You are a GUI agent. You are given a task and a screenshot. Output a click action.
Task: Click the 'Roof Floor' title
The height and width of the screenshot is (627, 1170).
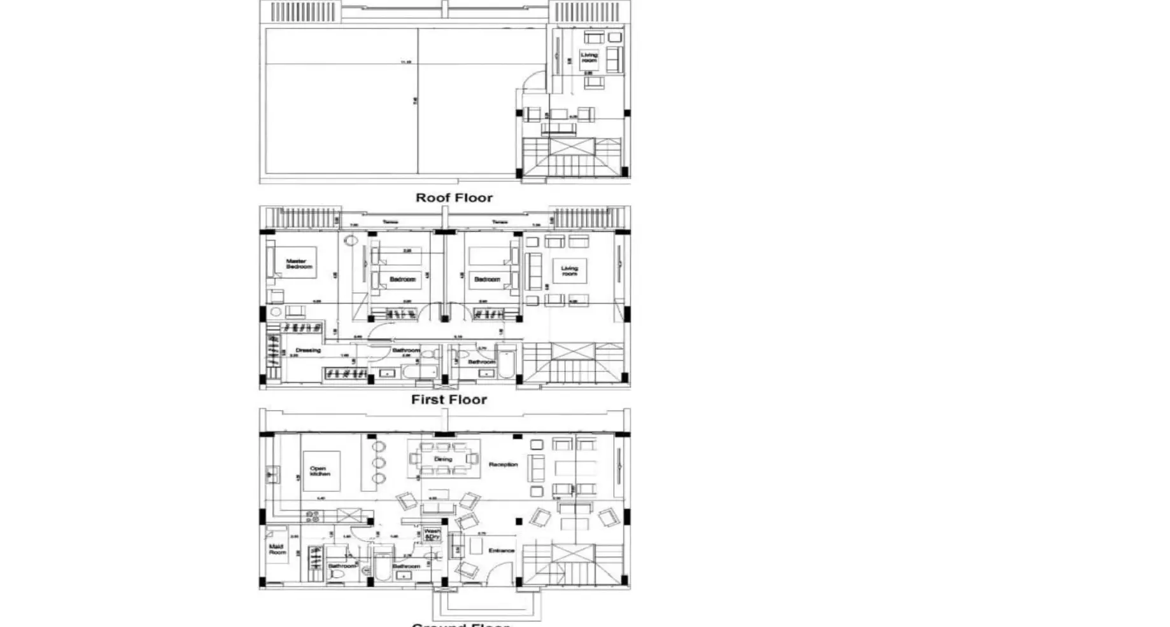pos(454,198)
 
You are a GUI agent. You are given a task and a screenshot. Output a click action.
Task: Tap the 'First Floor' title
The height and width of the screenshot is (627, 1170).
pos(449,400)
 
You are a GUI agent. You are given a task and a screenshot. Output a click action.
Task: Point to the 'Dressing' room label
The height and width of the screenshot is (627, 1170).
pos(308,350)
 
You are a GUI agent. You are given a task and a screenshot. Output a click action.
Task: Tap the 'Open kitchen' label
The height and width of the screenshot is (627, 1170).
pos(320,471)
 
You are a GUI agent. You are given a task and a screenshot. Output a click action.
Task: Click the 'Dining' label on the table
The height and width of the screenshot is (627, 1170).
pos(443,458)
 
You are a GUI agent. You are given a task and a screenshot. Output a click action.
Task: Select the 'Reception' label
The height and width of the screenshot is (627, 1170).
pos(503,465)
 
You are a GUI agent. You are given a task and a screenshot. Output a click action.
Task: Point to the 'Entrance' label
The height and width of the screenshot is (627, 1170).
pos(501,551)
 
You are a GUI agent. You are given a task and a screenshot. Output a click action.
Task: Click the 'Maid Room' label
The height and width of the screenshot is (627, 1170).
pos(277,549)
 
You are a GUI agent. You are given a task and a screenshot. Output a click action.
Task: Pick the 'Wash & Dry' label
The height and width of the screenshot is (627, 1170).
pos(432,534)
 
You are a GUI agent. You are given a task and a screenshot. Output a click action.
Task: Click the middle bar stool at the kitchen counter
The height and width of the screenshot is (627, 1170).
pos(379,462)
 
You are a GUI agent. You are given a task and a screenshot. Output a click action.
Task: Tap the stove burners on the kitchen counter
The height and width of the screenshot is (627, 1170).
pos(313,516)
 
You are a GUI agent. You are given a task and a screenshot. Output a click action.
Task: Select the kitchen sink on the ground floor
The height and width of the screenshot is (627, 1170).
pos(272,474)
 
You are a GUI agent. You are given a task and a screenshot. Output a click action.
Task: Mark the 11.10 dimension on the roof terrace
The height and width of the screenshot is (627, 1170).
pos(405,62)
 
